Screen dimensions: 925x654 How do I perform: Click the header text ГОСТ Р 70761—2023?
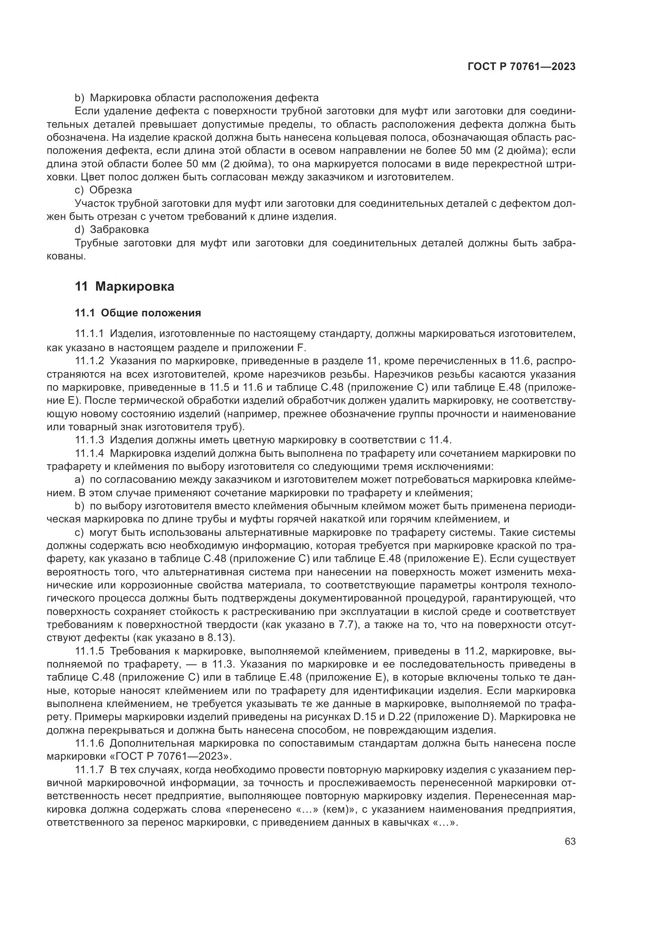(521, 67)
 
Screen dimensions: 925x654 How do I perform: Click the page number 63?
(570, 842)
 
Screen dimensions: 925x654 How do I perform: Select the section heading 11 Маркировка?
(125, 286)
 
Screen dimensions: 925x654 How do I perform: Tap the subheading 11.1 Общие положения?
(138, 313)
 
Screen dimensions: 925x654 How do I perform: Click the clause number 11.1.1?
(89, 334)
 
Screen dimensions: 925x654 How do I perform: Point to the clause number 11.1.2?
(89, 360)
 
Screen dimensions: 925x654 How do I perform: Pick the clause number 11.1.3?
(89, 439)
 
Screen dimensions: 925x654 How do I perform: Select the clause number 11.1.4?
(89, 453)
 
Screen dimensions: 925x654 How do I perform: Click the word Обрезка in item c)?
(111, 190)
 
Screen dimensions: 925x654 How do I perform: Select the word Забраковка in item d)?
(119, 230)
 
